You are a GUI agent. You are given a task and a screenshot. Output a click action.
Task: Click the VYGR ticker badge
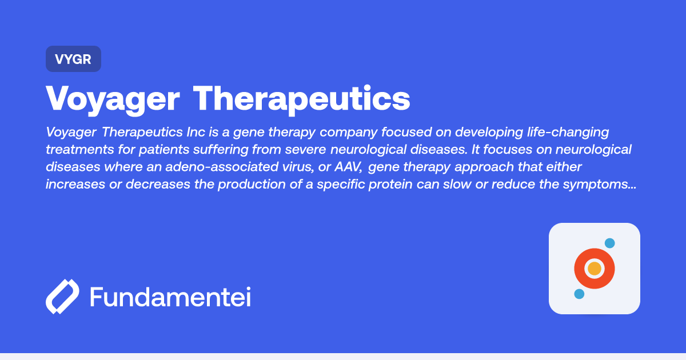coord(73,59)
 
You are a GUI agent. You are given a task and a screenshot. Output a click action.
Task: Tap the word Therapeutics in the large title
coord(301,99)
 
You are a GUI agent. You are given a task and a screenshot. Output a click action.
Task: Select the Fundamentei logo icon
coord(62,297)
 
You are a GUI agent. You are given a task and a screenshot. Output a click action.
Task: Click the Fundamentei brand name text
coord(170,297)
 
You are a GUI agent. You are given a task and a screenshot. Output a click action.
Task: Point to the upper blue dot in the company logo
coord(609,243)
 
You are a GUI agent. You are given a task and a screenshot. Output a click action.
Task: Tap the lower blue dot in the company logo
coord(579,294)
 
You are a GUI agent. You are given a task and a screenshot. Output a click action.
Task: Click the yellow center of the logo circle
coord(595,269)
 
